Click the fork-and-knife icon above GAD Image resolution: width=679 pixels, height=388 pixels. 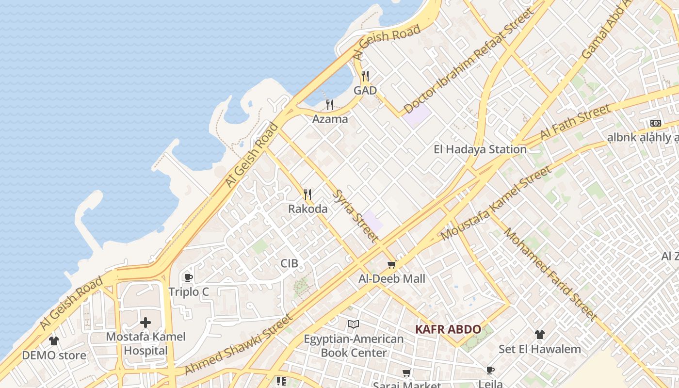(365, 76)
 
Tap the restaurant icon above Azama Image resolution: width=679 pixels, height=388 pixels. (330, 104)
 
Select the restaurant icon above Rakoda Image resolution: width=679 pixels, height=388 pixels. (307, 194)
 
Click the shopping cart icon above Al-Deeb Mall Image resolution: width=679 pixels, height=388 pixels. (392, 264)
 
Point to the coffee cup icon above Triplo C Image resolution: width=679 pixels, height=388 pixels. (189, 277)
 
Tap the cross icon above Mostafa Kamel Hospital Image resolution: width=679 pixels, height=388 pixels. (145, 323)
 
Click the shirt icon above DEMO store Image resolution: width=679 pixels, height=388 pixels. (54, 341)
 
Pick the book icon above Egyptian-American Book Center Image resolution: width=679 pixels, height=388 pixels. (354, 324)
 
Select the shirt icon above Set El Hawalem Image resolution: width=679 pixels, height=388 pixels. (540, 335)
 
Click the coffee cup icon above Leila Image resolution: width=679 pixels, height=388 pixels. (490, 371)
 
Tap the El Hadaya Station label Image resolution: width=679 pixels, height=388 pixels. (480, 149)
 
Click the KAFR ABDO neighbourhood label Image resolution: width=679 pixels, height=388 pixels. (448, 330)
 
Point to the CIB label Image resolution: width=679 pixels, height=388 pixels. (290, 263)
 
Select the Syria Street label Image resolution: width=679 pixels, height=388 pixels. (356, 216)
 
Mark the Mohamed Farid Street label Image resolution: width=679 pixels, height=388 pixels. (550, 274)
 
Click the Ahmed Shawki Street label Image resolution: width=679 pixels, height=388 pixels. (239, 344)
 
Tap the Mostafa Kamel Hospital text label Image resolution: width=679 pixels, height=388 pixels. (145, 343)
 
